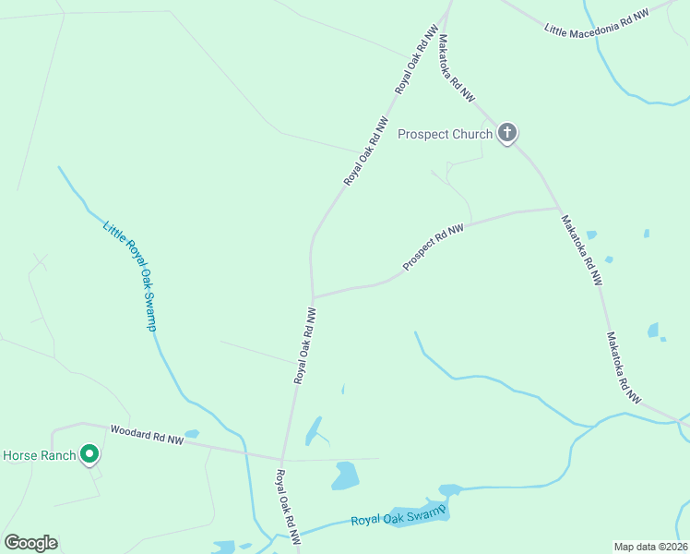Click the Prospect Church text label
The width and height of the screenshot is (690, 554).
pos(445,135)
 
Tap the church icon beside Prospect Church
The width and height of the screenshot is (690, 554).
pos(506,134)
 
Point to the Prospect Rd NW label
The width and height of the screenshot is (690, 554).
pos(433,247)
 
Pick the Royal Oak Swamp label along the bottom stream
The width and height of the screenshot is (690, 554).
pos(399,516)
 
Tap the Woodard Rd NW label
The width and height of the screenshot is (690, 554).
pos(148,435)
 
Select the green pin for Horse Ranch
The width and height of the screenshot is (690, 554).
pos(89,454)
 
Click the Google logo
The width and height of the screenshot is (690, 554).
pos(30,543)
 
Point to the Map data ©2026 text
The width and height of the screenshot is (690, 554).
pos(651,547)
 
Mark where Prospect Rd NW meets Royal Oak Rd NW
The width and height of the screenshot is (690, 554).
pos(314,297)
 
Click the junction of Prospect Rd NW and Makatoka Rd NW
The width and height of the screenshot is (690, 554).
pos(559,209)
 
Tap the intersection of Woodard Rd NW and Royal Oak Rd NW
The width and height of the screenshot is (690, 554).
pos(283,458)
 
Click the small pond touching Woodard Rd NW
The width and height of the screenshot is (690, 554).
pos(192,433)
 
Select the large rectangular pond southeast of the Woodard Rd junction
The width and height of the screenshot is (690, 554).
pos(345,475)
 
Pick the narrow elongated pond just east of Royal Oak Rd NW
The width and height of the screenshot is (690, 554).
pos(314,430)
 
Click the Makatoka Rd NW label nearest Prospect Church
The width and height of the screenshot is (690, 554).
pos(456,68)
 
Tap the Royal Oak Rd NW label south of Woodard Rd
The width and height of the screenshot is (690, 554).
pos(287,506)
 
